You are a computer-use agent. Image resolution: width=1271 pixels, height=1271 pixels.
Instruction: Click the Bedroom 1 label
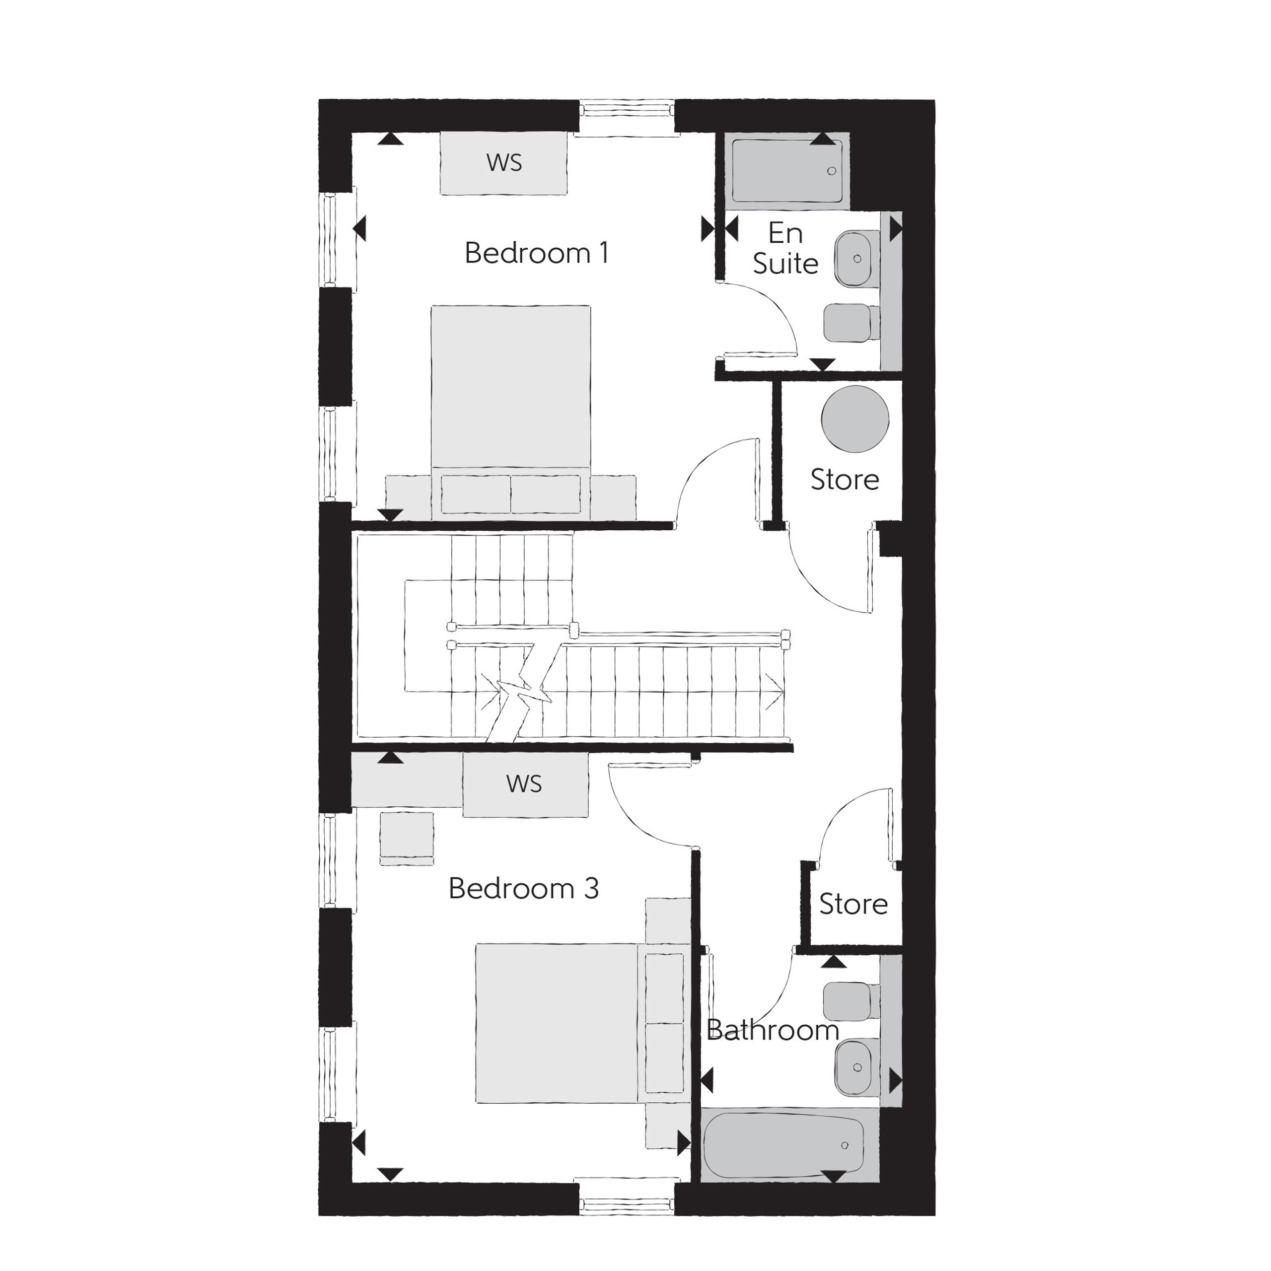coord(536,253)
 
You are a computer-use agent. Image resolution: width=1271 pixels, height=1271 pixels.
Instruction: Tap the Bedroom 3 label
coord(524,889)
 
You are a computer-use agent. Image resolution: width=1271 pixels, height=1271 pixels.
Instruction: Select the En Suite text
coord(785,249)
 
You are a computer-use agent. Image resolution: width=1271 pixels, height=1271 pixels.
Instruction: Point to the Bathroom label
coord(773,1030)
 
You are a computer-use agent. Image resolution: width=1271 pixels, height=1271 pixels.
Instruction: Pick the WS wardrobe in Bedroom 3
coord(525,784)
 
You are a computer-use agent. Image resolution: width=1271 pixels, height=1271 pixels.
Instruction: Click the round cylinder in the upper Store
coord(855,419)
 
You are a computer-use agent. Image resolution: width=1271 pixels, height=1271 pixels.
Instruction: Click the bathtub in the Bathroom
coord(783,1145)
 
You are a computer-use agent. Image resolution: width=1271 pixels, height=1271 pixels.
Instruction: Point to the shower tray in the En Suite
coord(787,170)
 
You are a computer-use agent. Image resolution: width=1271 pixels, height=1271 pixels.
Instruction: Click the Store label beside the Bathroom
coord(853,905)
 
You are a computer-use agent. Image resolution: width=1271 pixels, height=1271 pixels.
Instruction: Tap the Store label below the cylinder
coord(845,480)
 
